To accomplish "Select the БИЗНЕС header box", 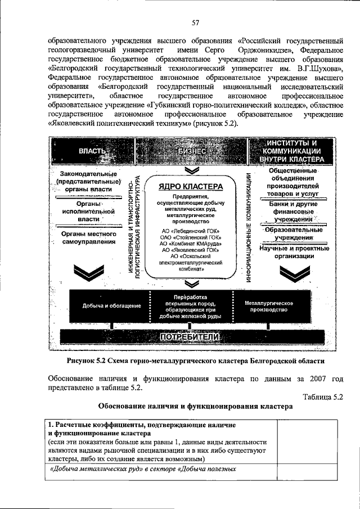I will click(x=191, y=151).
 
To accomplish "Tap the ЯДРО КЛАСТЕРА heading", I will click(x=191, y=187).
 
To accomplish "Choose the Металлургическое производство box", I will click(x=269, y=305).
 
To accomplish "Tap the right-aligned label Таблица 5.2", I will click(x=322, y=396).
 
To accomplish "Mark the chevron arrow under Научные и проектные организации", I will click(x=294, y=274).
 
